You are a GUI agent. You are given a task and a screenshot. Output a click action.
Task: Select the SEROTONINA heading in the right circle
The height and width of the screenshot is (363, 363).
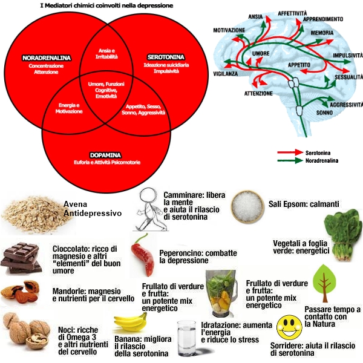point(160,57)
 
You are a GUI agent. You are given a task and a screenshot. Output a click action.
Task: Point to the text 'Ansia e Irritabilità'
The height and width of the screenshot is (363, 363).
point(106,52)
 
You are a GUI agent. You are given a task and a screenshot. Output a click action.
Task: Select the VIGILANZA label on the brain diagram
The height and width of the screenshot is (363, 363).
point(225,71)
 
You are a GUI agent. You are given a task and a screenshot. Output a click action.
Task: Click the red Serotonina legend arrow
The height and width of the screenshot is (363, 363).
point(291,154)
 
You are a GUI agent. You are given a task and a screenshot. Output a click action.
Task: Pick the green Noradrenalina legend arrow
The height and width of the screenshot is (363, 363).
point(291,161)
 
